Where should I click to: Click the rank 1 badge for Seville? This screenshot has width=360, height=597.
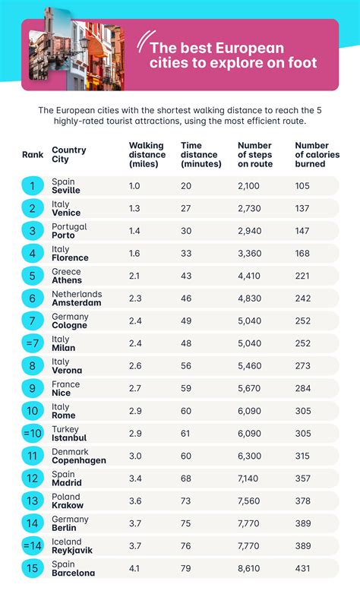33,185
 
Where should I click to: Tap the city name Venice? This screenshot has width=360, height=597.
66,213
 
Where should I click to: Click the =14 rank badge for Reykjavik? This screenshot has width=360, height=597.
33,546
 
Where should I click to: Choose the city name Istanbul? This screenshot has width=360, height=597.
69,438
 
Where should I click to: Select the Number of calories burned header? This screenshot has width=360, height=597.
317,155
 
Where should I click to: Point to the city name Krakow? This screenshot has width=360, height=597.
68,506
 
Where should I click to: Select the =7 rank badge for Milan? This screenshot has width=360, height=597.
33,343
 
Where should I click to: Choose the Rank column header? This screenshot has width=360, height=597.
33,154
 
